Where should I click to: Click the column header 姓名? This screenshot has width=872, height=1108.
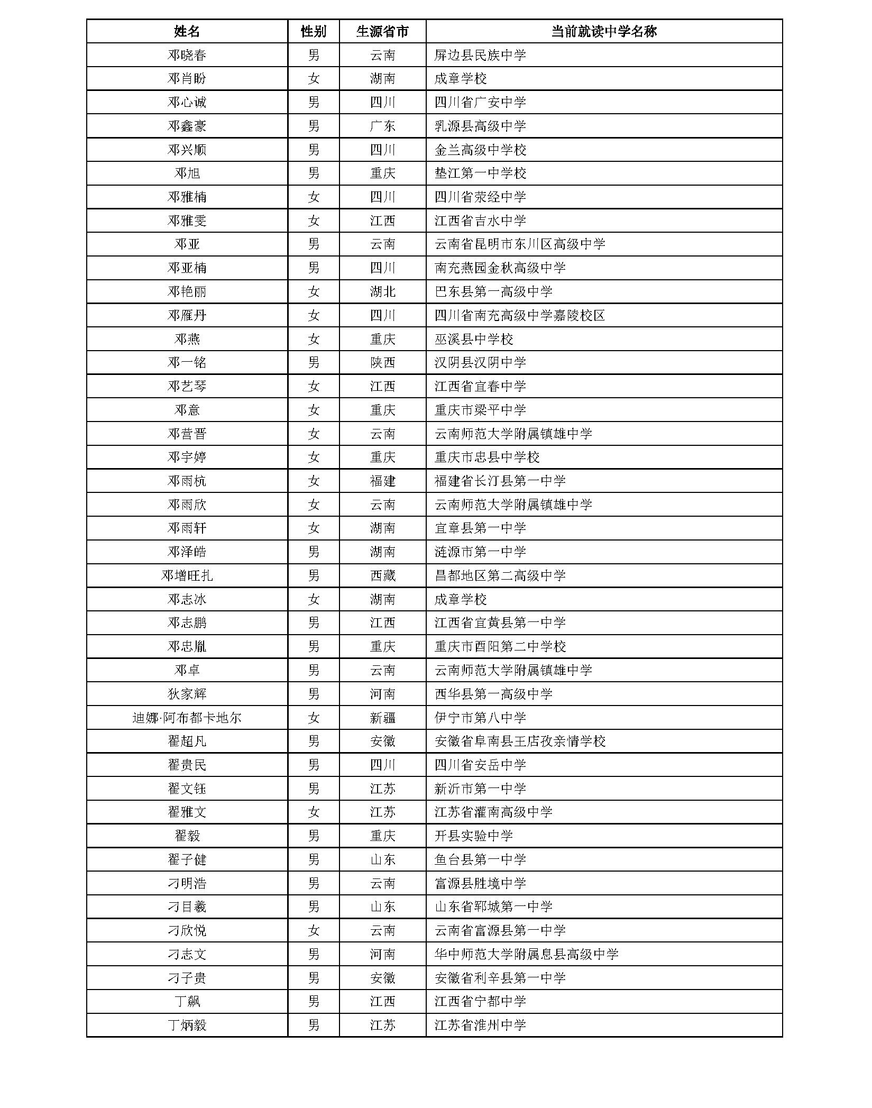point(187,32)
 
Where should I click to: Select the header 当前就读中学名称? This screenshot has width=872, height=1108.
point(603,32)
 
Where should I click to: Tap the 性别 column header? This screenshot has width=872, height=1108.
point(313,32)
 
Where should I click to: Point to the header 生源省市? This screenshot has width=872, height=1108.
point(382,32)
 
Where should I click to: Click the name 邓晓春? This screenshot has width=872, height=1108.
point(187,56)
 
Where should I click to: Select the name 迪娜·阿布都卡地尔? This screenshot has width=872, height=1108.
point(187,718)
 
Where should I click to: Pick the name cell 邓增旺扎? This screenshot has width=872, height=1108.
point(187,576)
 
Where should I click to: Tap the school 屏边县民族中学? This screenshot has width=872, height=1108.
point(480,56)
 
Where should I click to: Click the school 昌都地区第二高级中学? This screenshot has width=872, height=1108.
point(500,576)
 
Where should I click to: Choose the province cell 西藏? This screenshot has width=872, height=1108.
point(382,576)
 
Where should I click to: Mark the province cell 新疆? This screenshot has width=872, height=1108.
point(382,718)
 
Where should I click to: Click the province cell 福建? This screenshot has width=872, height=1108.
point(382,481)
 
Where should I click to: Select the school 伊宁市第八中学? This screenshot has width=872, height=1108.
point(480,718)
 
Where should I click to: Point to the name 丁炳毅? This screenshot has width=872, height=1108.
point(187,1025)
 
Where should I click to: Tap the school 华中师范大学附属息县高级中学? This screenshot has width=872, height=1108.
point(526,955)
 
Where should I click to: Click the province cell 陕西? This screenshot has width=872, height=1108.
point(382,363)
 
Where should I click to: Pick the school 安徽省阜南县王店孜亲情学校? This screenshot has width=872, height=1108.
point(520,741)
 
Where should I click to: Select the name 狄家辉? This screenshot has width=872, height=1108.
point(187,694)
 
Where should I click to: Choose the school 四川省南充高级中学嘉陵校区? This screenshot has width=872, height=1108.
point(520,316)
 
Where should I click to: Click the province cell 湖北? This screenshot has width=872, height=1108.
point(382,292)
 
